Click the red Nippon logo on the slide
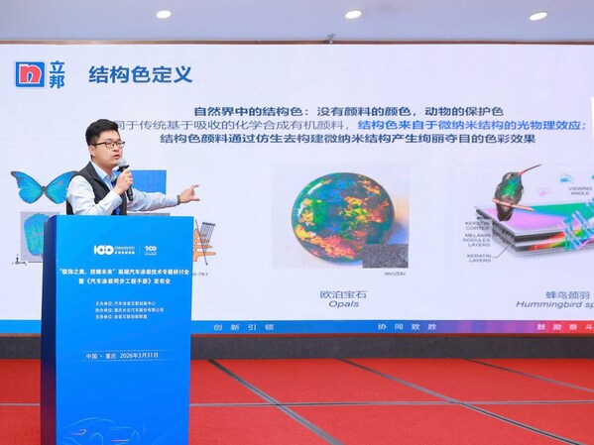pos(30,74)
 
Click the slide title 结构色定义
pos(140,74)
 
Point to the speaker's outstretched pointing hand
pos(186,193)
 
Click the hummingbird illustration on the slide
pos(513,187)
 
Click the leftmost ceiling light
pos(164,14)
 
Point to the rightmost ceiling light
pos(538,15)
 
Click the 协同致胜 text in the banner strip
pos(417,326)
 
